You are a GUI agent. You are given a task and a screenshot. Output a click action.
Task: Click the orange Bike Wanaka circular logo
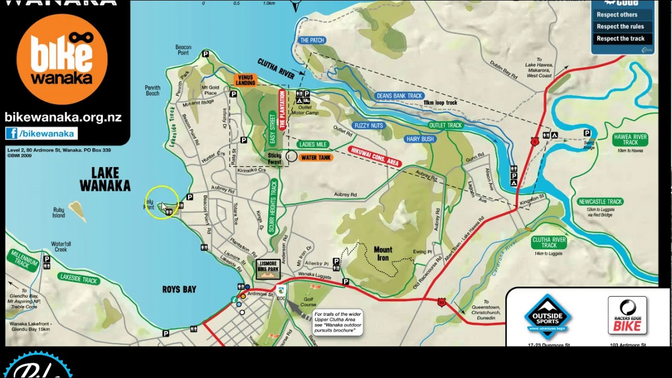[62, 59]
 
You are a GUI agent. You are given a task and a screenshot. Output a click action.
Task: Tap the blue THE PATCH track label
[312, 40]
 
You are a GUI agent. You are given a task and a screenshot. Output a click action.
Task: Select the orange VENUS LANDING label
[245, 80]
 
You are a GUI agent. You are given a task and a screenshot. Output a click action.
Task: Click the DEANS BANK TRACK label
[400, 96]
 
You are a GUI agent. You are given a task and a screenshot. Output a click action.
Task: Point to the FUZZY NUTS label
[369, 126]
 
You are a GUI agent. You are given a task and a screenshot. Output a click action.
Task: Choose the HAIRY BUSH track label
[420, 139]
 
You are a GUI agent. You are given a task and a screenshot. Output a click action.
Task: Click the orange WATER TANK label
[316, 157]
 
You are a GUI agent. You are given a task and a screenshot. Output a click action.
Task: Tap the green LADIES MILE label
[312, 144]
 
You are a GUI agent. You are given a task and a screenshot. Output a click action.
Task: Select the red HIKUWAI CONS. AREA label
[374, 156]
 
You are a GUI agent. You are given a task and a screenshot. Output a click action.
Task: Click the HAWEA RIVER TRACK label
[630, 140]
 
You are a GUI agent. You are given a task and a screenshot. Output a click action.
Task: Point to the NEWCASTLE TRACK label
[600, 202]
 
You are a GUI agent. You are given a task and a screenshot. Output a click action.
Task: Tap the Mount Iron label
[383, 254]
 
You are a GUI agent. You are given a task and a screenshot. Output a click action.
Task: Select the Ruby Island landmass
[77, 211]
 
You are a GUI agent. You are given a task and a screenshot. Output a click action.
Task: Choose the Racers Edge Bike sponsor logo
[627, 316]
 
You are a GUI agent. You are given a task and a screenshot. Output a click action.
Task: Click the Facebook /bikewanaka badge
[41, 133]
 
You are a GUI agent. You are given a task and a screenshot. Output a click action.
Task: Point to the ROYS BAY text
[179, 289]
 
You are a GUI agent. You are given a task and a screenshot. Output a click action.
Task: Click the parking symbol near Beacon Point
[206, 54]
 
